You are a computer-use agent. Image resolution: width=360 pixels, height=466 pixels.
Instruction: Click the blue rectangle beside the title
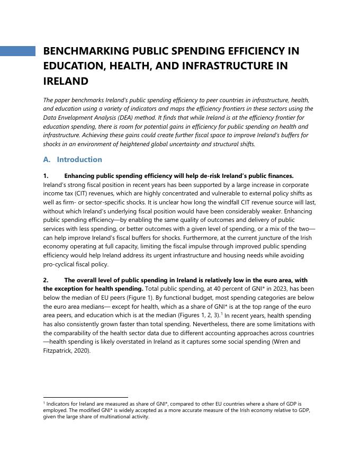click(x=17, y=51)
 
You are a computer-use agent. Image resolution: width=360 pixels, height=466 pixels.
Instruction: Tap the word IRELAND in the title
click(x=65, y=81)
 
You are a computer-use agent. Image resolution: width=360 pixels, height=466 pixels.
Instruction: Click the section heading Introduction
click(x=79, y=159)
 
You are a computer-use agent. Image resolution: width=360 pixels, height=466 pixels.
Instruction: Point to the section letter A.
click(x=46, y=159)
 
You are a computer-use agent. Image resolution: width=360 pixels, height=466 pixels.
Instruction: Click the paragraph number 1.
click(x=46, y=176)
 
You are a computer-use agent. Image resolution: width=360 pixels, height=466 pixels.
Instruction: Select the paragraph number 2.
click(x=46, y=280)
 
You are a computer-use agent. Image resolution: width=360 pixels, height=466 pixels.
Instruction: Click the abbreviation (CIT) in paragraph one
click(x=82, y=193)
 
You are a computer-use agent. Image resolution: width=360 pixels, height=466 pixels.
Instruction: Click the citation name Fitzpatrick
click(x=61, y=350)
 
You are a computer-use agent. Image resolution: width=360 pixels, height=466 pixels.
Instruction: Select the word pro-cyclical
click(x=60, y=264)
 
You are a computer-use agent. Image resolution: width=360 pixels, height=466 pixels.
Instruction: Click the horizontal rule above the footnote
click(x=85, y=397)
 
